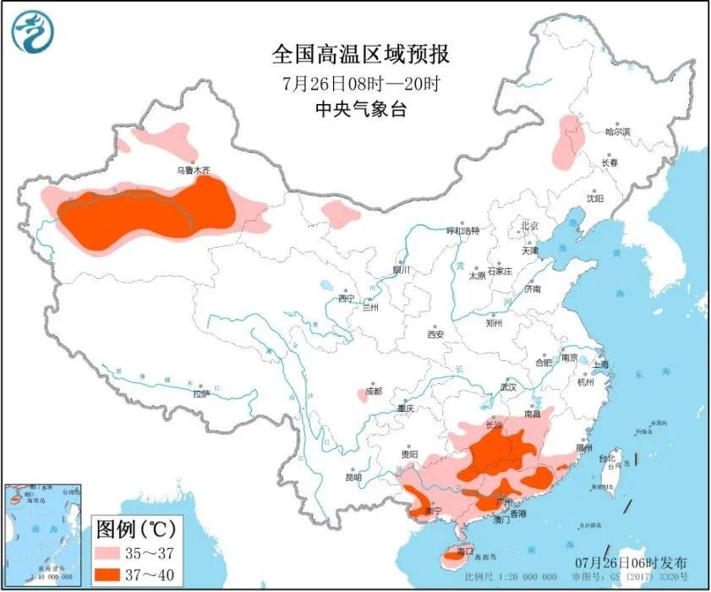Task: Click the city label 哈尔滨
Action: tap(618, 132)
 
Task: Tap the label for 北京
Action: tap(528, 226)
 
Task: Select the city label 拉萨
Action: tap(200, 393)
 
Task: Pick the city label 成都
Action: tap(373, 391)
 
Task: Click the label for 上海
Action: tap(601, 365)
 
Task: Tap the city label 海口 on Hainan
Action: tap(462, 551)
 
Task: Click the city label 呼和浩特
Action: tap(462, 230)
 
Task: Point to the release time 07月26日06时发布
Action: tap(639, 562)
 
